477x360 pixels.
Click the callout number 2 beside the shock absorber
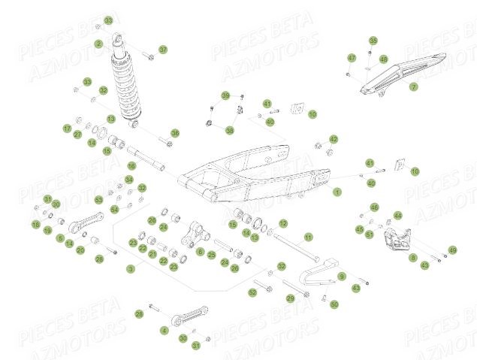coord(98,44)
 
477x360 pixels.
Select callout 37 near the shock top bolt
coord(164,50)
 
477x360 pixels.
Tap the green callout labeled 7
coord(413,87)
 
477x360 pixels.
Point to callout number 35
coord(373,41)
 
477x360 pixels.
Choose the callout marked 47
coord(352,58)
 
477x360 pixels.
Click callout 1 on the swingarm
coord(337,192)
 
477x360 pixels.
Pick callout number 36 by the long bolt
coord(175,133)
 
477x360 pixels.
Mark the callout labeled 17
coord(66,129)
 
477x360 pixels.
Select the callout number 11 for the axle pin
coord(307,236)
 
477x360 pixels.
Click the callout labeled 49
coord(452,250)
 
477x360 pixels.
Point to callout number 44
coord(398,216)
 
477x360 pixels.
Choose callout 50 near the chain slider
coord(334,304)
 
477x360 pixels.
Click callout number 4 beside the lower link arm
coord(165,330)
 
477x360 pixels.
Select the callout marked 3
coord(131,268)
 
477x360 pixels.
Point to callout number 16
coord(130,167)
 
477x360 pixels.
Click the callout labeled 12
coord(283,224)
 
